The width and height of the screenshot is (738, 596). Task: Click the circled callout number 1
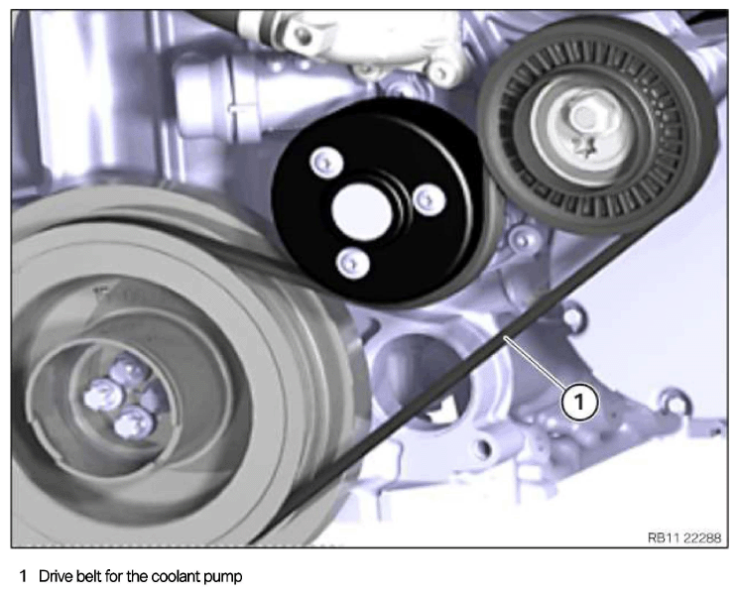point(579,402)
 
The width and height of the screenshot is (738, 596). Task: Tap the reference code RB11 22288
point(683,537)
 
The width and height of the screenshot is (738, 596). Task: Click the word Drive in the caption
point(54,576)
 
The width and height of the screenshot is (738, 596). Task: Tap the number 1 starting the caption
point(23,576)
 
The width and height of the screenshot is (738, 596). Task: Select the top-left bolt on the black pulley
point(326,163)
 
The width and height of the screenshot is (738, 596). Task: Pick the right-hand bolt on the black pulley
point(429,200)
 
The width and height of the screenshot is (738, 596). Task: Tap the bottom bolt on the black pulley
point(352,262)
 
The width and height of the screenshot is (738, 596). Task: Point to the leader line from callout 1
point(535,362)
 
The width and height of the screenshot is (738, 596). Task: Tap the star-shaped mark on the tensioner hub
point(583,147)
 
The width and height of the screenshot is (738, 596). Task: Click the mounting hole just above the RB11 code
point(675,402)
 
